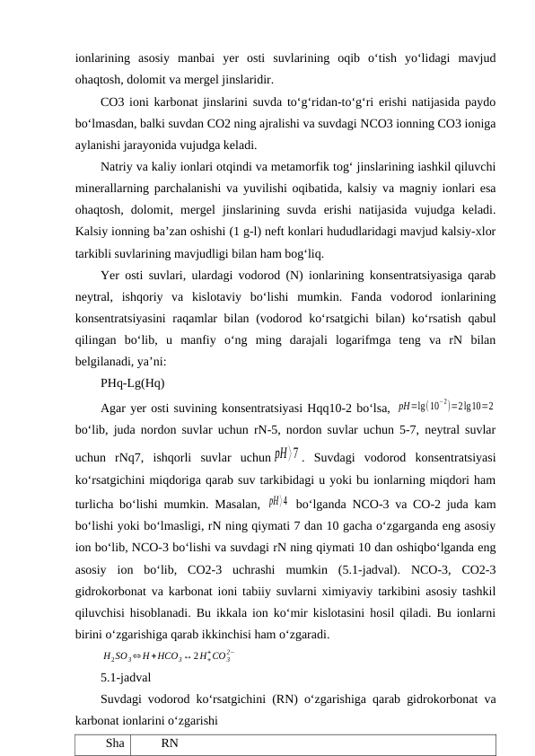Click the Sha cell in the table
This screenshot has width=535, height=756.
(114, 743)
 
